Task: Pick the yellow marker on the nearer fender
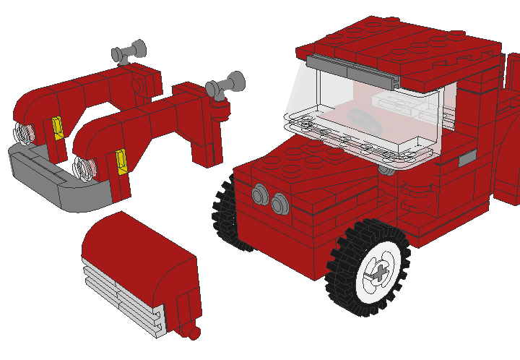pyautogui.click(x=121, y=160)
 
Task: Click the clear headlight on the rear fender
pyautogui.click(x=25, y=133)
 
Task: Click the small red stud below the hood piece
pyautogui.click(x=193, y=333)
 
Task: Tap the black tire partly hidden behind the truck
pyautogui.click(x=225, y=213)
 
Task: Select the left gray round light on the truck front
pyautogui.click(x=259, y=194)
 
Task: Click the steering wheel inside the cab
pyautogui.click(x=358, y=117)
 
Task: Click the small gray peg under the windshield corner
pyautogui.click(x=388, y=171)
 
